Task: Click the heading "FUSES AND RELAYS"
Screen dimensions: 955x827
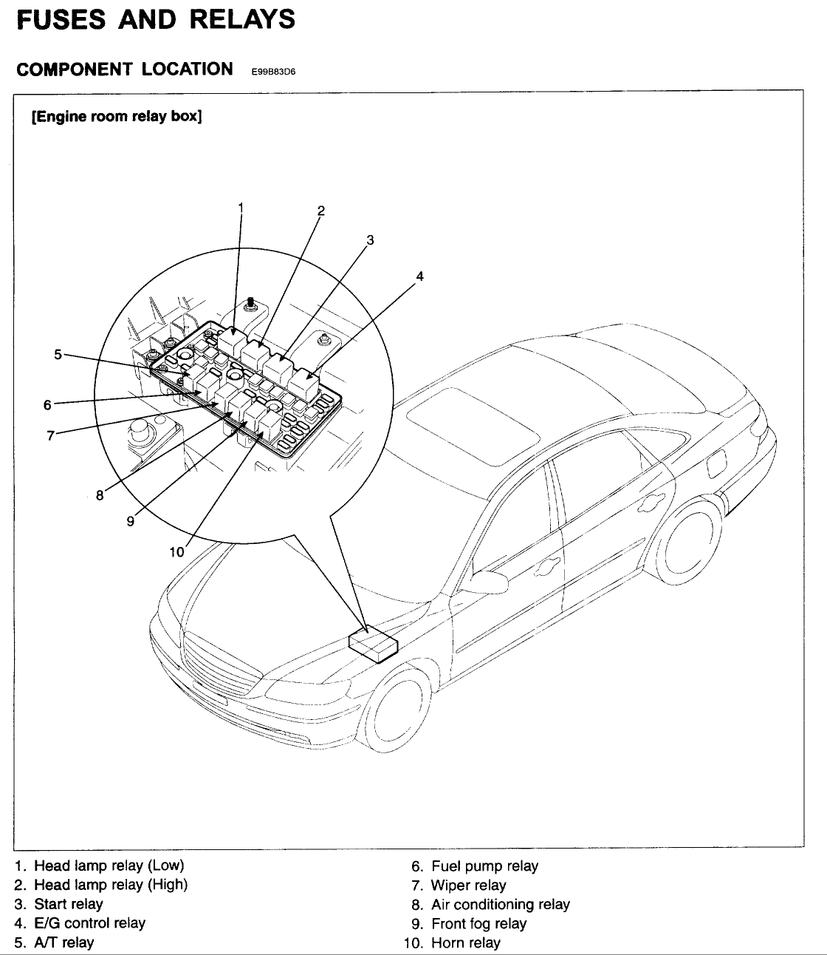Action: point(156,19)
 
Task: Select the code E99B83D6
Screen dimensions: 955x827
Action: point(272,72)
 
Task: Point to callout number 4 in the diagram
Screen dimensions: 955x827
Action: point(419,276)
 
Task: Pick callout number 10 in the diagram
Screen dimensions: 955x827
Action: point(176,551)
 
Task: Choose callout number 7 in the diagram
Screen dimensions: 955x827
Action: point(50,435)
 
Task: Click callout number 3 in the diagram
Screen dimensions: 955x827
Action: point(370,239)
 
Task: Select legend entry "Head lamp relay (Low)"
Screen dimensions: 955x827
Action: point(109,866)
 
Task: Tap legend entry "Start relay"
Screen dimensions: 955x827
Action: point(69,904)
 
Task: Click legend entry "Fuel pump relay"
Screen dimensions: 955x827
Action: point(484,866)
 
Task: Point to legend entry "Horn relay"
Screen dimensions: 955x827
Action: point(465,943)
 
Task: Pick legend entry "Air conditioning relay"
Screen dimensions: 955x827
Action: point(501,905)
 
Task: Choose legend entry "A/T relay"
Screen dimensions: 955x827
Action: point(64,942)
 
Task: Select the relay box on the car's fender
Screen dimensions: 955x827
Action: point(374,644)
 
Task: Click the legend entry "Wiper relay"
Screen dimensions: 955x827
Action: point(469,886)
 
